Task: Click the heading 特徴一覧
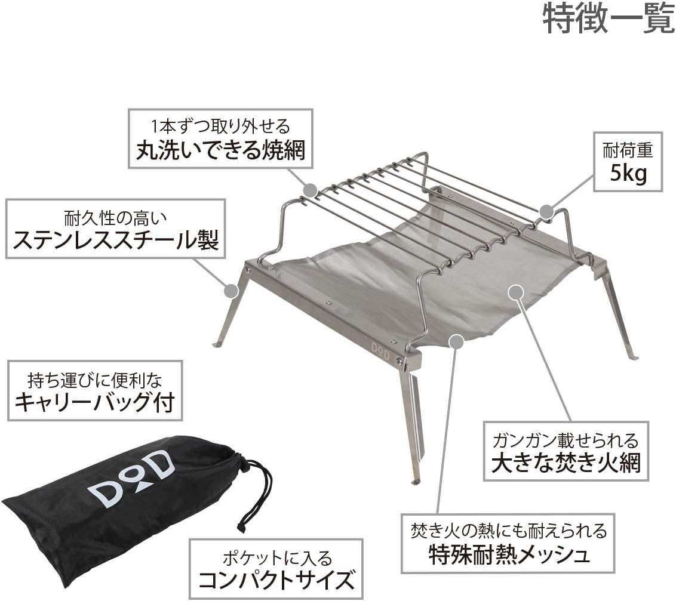point(609,20)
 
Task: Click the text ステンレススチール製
point(116,241)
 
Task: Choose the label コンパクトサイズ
point(276,579)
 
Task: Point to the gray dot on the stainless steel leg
point(230,290)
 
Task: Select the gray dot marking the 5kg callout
point(546,211)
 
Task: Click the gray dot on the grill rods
point(310,190)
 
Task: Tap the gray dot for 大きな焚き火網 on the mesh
point(516,292)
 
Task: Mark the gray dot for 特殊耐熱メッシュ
point(456,340)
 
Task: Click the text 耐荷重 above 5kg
point(627,150)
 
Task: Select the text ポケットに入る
point(276,558)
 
